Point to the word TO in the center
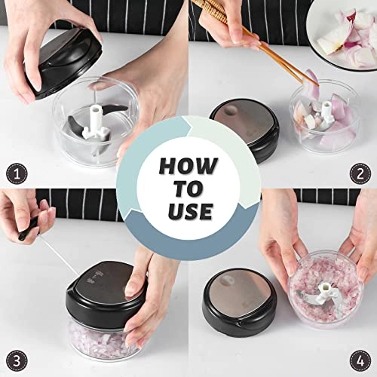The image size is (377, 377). [x=188, y=187]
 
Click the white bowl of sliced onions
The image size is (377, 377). [x=343, y=34]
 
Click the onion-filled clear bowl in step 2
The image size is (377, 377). [x=324, y=121]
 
